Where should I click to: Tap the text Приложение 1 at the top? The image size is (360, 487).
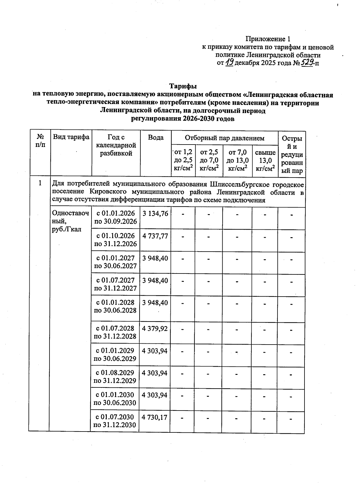click(x=268, y=39)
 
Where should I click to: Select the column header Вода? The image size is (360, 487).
click(x=156, y=138)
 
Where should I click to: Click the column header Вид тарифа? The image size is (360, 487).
click(x=71, y=137)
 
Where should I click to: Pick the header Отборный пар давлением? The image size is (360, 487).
click(x=224, y=138)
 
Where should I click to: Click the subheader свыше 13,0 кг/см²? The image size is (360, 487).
click(x=265, y=160)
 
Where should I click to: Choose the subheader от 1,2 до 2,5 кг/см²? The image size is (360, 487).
click(x=183, y=160)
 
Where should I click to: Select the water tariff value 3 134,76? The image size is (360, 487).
click(x=155, y=214)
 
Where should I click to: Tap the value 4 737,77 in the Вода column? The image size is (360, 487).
click(x=155, y=236)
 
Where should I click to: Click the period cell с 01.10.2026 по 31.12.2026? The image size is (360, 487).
click(x=115, y=240)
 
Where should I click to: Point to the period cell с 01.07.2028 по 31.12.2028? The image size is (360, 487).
click(x=115, y=332)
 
